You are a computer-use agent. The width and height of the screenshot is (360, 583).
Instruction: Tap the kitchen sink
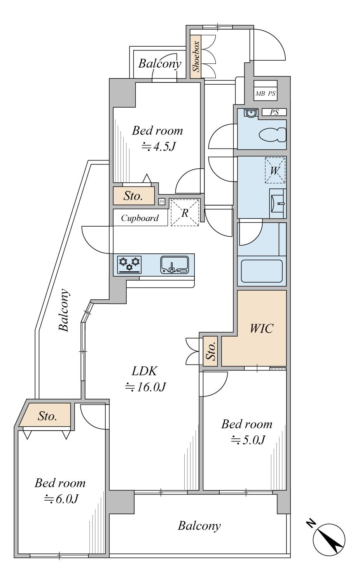(175, 265)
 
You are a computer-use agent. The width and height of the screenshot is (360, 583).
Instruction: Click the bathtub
(262, 271)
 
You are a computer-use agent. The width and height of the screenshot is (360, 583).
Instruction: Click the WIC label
(261, 328)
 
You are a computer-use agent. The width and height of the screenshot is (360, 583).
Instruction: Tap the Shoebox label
(196, 57)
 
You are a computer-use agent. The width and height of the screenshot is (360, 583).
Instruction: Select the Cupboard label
(140, 218)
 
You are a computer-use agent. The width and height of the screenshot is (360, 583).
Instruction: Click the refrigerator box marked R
(185, 213)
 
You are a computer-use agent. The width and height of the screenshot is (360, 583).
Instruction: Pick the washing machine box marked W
(275, 170)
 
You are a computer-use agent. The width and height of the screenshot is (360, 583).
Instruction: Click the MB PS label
(266, 94)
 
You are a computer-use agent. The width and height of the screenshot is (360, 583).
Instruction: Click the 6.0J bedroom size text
(62, 499)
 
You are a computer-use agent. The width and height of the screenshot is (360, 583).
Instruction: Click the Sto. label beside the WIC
(210, 351)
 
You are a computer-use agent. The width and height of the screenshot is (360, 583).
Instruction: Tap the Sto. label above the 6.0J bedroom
(47, 416)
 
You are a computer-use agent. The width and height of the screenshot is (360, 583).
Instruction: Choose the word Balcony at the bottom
(199, 526)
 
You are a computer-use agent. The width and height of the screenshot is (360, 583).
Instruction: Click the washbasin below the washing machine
(278, 203)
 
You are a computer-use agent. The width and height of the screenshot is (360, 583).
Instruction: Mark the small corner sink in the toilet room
(251, 113)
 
